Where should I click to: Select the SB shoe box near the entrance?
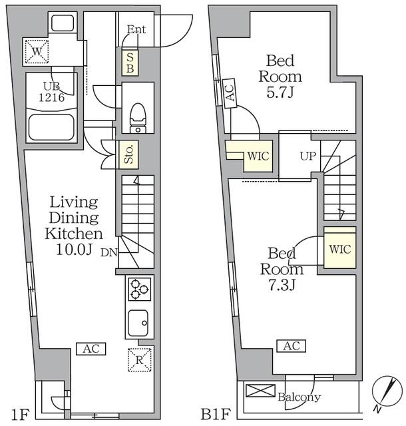point(130,63)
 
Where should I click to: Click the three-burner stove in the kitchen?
point(140,290)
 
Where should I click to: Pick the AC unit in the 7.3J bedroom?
point(290,345)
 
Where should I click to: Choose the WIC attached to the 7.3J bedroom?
point(339,250)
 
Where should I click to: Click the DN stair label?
point(110,252)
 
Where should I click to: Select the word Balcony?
point(300,398)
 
